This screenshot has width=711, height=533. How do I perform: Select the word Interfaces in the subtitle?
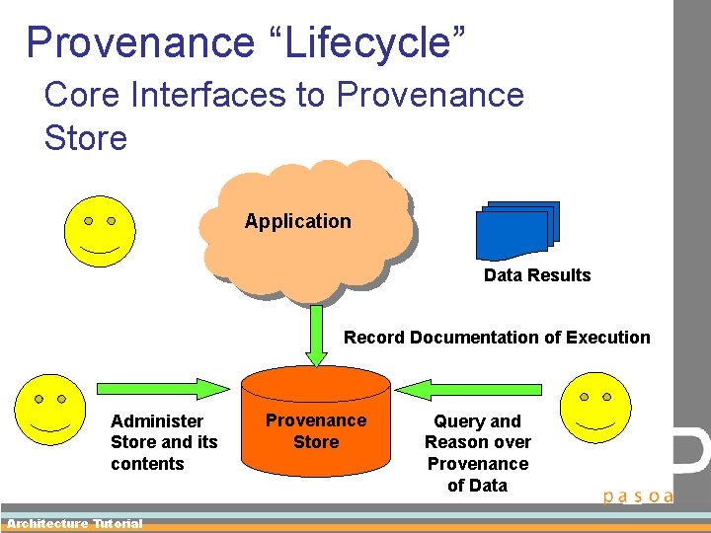tap(187, 95)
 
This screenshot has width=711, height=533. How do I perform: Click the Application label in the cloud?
tap(297, 221)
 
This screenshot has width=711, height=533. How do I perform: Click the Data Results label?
tap(537, 275)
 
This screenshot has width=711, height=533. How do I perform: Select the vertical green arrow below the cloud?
tap(316, 334)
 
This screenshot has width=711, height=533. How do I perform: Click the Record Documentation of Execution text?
tap(497, 338)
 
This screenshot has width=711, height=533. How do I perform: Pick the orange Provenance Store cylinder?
tap(316, 419)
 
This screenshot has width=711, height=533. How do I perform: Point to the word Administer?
tap(157, 421)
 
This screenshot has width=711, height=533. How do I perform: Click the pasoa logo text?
tap(638, 495)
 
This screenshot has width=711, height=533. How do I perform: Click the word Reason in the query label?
tap(456, 442)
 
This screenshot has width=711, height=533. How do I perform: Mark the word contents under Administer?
tap(147, 464)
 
